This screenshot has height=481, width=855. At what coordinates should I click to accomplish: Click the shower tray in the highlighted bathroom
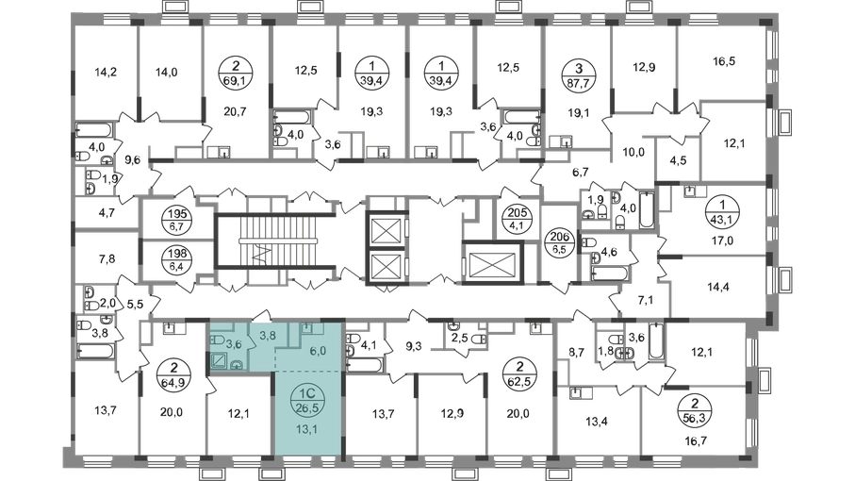coord(219,360)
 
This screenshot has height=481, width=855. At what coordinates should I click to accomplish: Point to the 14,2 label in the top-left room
coord(102,70)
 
